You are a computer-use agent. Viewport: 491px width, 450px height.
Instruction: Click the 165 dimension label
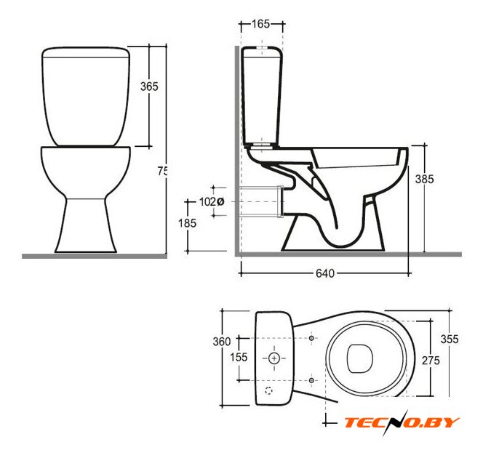coord(261,24)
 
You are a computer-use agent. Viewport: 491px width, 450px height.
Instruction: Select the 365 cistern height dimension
coord(149,87)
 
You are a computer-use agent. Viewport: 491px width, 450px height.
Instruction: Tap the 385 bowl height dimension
coord(424,179)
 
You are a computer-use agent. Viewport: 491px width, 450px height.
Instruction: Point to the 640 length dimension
coord(325,273)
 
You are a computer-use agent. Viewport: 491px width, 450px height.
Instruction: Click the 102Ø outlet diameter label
coord(212,202)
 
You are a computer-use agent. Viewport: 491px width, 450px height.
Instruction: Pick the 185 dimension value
coord(187,223)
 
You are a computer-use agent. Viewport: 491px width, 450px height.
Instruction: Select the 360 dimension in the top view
coord(222,342)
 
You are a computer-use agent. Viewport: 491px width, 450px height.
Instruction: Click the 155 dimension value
coord(239,357)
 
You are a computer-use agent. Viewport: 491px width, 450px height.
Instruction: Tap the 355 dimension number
coord(450,339)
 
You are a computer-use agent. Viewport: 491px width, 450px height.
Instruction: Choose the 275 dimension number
coord(431,361)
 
